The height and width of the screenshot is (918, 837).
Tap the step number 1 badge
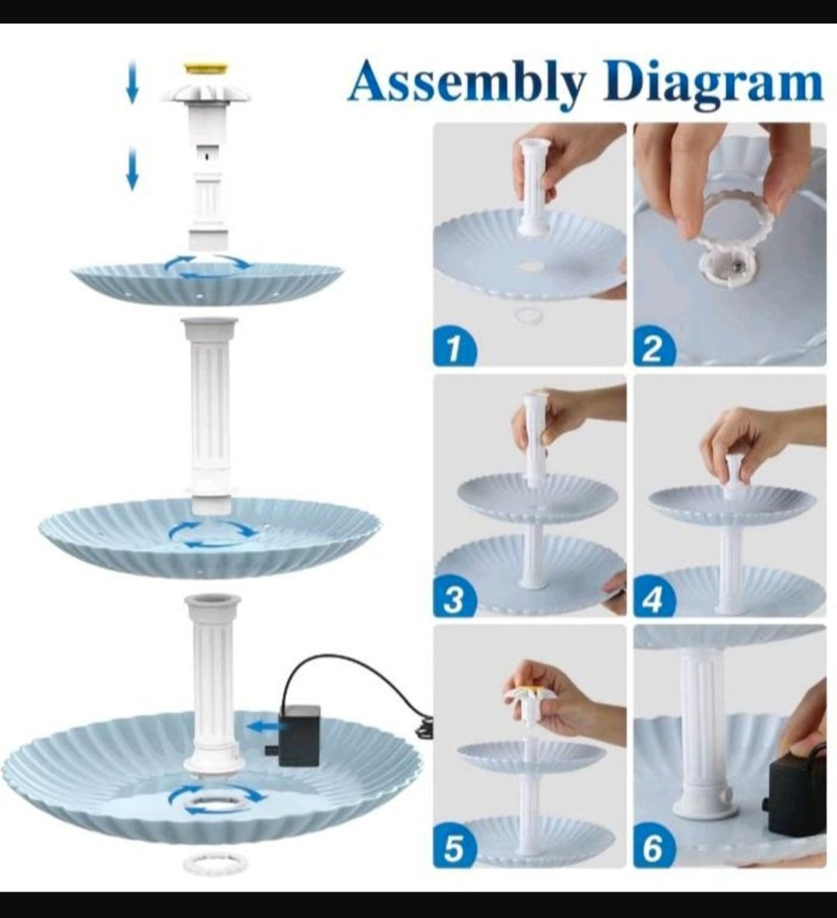coord(454,348)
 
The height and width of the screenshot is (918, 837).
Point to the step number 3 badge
coord(454,600)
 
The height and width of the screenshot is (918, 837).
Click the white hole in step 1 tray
coord(531,267)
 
